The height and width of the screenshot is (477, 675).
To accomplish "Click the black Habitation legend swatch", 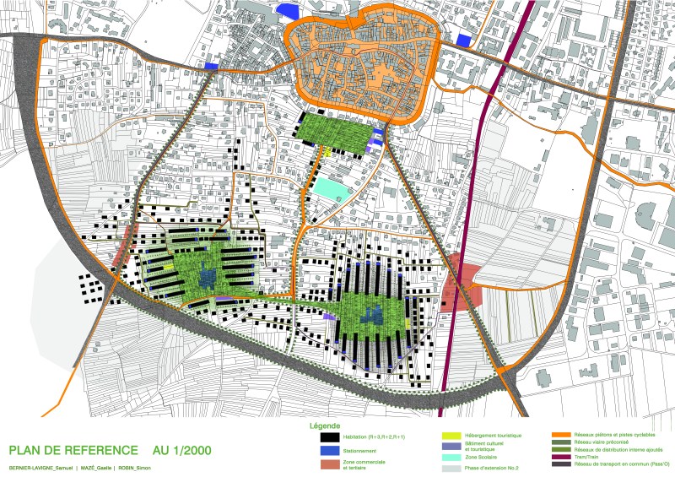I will tap(324, 436).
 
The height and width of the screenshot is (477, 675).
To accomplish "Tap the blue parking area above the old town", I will tap(288, 9).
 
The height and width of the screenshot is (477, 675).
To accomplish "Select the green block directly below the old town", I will tap(332, 132).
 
